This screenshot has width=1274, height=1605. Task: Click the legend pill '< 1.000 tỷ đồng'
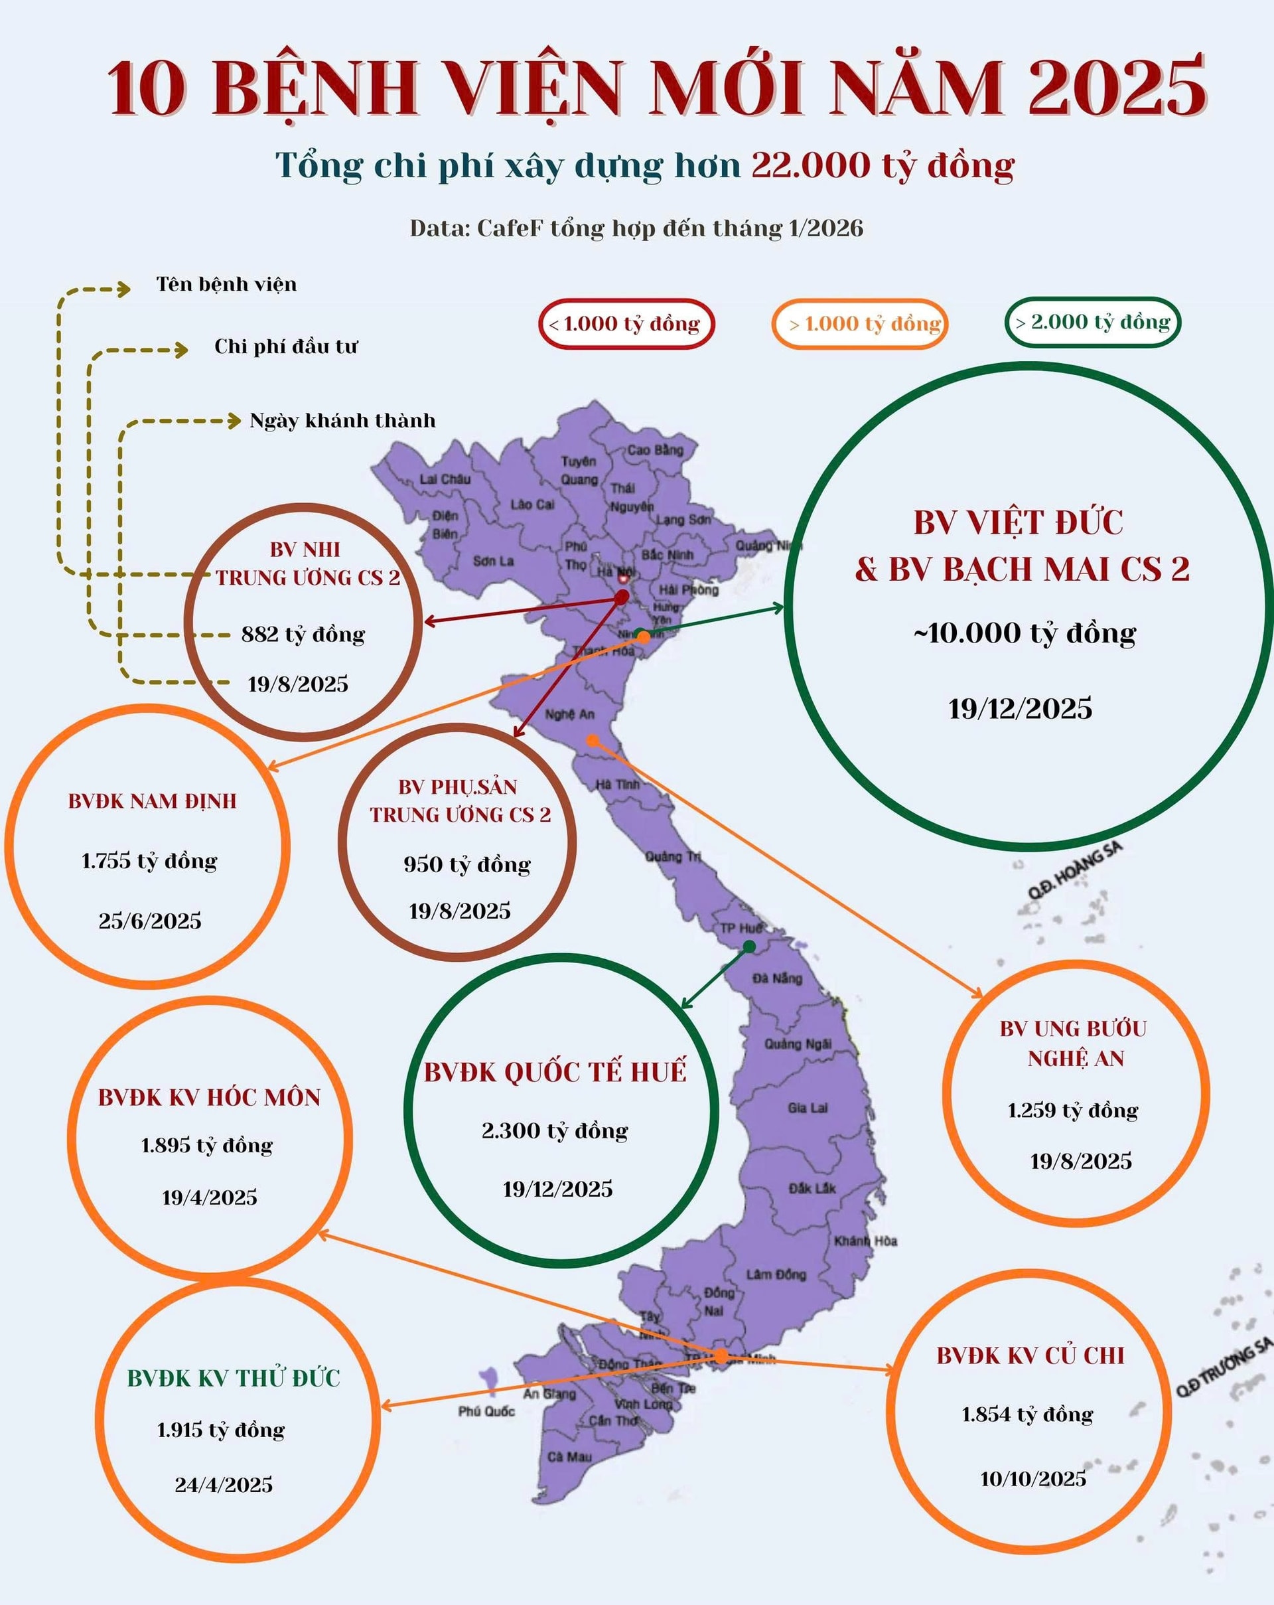pyautogui.click(x=625, y=324)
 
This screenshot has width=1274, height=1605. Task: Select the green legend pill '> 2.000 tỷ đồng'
pyautogui.click(x=1092, y=323)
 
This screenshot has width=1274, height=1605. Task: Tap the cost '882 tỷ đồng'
pyautogui.click(x=303, y=635)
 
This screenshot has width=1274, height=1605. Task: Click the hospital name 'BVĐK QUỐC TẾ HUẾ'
pyautogui.click(x=555, y=1073)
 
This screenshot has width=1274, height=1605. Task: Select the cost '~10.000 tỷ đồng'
pyautogui.click(x=1025, y=633)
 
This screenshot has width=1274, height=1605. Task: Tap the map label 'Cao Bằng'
pyautogui.click(x=655, y=449)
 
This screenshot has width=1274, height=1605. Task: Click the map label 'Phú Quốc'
pyautogui.click(x=486, y=1411)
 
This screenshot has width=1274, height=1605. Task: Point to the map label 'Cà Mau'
pyautogui.click(x=569, y=1456)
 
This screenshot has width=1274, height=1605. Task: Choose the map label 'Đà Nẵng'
pyautogui.click(x=777, y=978)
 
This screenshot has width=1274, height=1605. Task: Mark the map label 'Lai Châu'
pyautogui.click(x=445, y=479)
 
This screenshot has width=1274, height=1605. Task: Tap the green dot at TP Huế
pyautogui.click(x=749, y=946)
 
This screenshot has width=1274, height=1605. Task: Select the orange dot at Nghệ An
pyautogui.click(x=593, y=740)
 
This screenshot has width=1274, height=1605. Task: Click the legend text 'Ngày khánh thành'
pyautogui.click(x=342, y=421)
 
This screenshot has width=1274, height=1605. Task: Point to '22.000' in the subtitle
pyautogui.click(x=810, y=165)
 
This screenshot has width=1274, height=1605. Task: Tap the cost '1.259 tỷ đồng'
pyautogui.click(x=1072, y=1110)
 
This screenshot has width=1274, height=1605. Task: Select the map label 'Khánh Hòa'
pyautogui.click(x=865, y=1241)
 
